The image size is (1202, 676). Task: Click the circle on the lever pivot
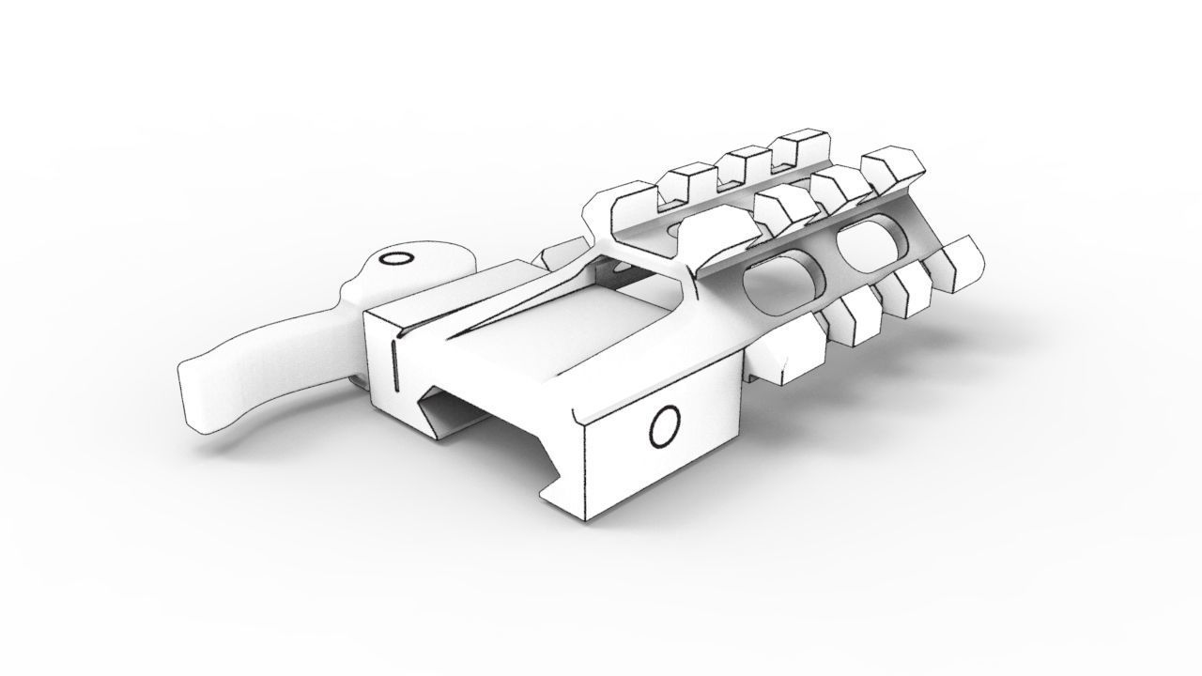click(x=396, y=258)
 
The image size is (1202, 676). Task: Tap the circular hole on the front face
click(x=665, y=428)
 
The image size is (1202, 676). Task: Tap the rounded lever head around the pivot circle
click(x=413, y=272)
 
